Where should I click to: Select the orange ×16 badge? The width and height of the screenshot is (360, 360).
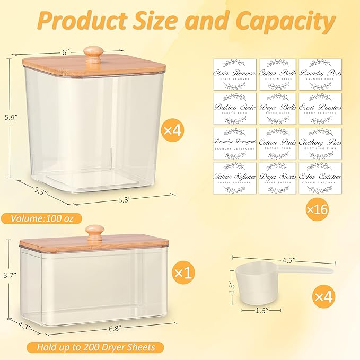click(317, 209)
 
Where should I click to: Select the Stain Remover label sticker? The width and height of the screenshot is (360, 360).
click(234, 75)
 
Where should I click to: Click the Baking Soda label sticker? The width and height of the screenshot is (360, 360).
click(234, 109)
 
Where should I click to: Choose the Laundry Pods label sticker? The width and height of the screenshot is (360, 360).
click(320, 75)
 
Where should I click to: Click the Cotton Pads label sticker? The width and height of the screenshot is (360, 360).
click(277, 144)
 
